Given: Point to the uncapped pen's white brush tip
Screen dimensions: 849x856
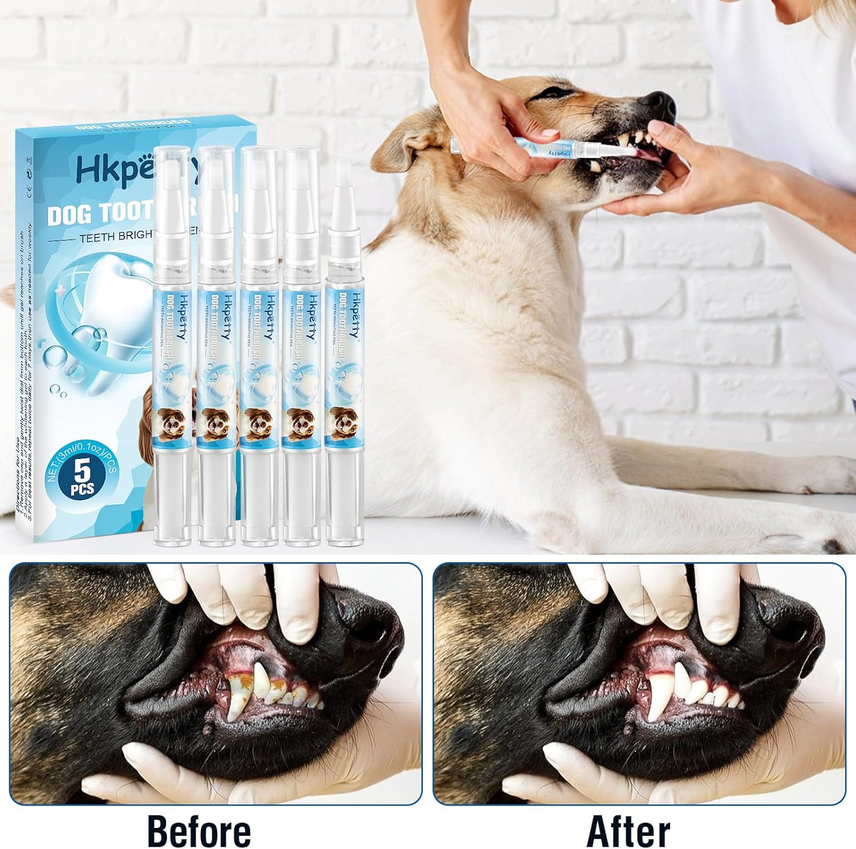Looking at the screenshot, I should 343,177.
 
